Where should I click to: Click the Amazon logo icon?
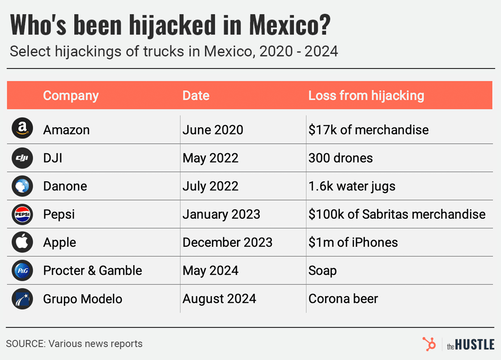[x=22, y=129]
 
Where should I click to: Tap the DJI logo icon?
[x=22, y=158]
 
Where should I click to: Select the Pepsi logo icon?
[x=22, y=214]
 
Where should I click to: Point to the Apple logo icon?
[x=22, y=242]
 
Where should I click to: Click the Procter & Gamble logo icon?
[x=22, y=270]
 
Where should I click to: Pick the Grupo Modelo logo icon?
[x=22, y=299]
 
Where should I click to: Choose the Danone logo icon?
[x=22, y=186]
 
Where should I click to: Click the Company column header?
[x=71, y=95]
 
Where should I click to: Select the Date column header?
[x=196, y=95]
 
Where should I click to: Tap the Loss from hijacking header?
[x=366, y=95]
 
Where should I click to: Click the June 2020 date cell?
[x=213, y=130]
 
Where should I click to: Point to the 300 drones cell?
[x=340, y=158]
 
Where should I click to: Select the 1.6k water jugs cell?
[x=352, y=186]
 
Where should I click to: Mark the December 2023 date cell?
[x=227, y=242]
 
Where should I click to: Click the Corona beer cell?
[x=343, y=299]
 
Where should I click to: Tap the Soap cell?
[x=323, y=270]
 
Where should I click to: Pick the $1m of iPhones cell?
[x=353, y=242]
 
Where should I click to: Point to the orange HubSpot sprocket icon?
[x=429, y=344]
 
